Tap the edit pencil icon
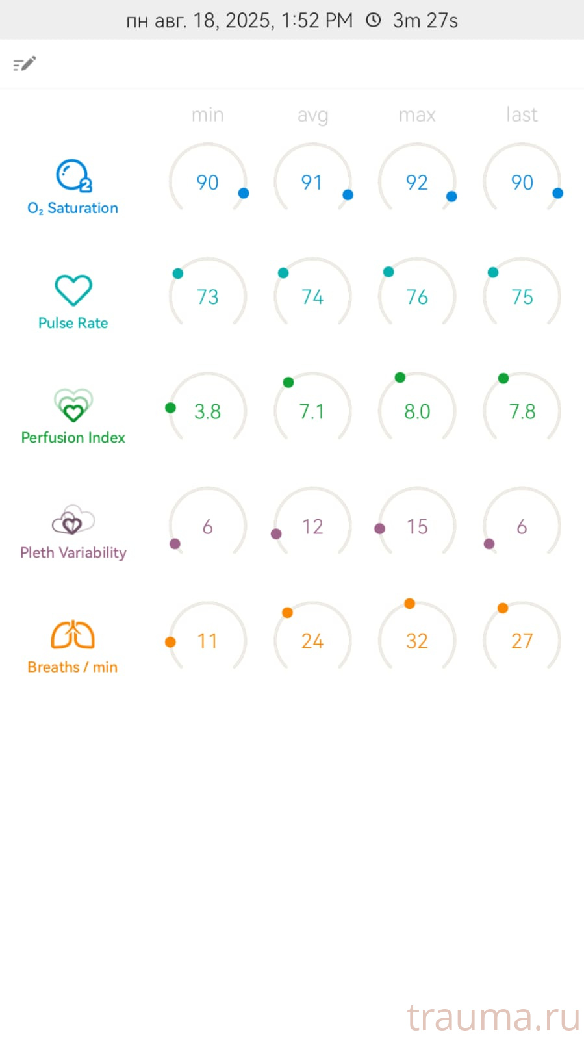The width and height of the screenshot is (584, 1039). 25,64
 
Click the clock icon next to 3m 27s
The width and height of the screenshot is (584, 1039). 373,20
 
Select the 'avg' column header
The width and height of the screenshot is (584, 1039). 312,115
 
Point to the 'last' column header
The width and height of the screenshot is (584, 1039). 522,114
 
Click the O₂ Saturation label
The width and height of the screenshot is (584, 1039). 73,208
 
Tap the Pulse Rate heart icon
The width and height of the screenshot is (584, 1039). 73,290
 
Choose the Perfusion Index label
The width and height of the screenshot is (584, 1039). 73,437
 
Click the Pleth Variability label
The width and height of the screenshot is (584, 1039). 73,552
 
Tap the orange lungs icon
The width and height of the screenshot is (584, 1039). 73,635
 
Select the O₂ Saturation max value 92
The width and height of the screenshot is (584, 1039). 417,183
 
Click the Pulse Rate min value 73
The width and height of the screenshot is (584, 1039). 208,297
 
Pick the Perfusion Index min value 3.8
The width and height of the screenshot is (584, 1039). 208,411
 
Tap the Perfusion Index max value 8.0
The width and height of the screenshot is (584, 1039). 417,411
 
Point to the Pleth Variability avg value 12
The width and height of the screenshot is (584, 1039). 312,526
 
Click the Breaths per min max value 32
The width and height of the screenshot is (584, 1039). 417,641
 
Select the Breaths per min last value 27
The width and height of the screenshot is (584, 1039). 522,641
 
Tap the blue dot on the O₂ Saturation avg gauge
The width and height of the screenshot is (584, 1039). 348,195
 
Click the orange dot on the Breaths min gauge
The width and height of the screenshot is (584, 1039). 170,642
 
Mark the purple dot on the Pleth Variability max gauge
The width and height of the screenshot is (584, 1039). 380,529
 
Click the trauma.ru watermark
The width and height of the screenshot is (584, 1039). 493,1017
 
